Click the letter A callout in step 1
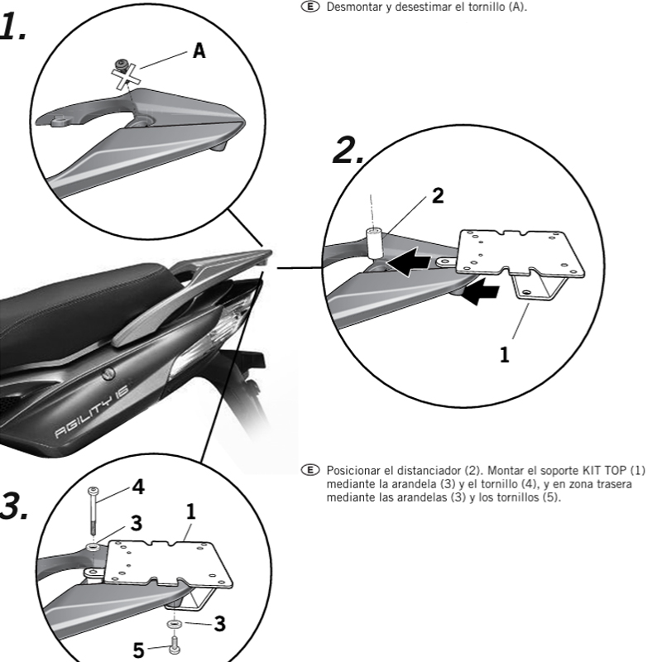point(199,51)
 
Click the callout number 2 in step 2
point(438,196)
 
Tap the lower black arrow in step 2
point(482,291)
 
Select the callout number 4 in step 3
point(138,487)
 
